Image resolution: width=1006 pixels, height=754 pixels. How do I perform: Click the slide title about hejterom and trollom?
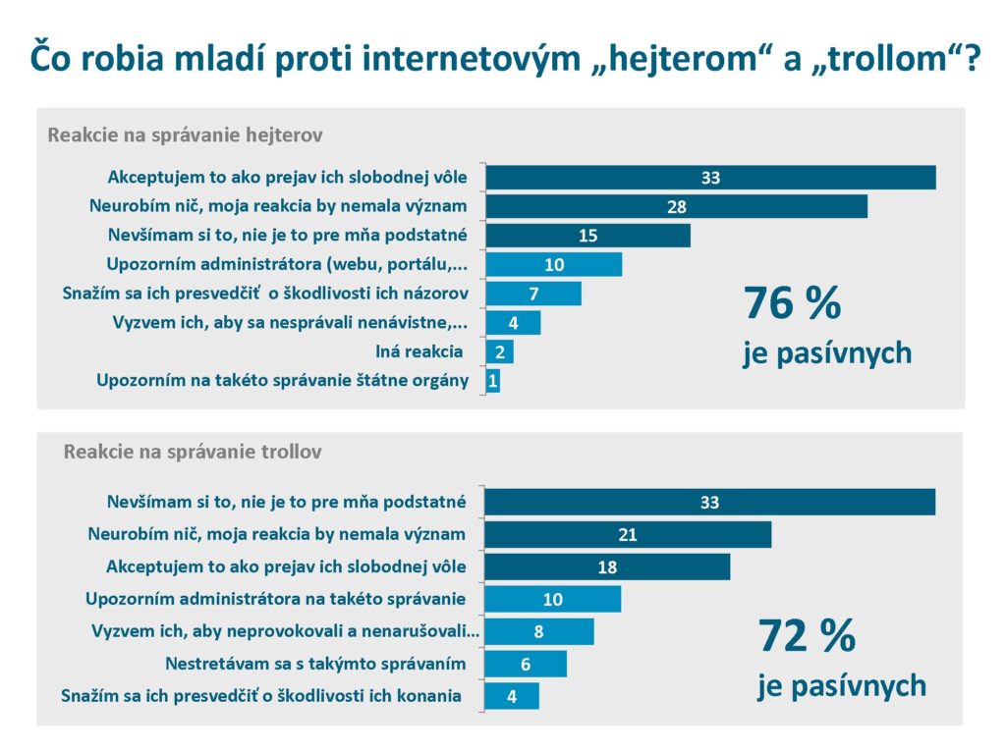(503, 57)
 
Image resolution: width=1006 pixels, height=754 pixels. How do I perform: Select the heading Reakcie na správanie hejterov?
(185, 135)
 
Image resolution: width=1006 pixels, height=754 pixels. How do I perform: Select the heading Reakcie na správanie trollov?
(192, 453)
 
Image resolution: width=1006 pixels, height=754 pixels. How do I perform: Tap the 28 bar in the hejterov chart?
(676, 206)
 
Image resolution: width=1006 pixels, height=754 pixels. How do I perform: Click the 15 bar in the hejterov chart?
(587, 236)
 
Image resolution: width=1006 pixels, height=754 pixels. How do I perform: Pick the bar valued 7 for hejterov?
(533, 294)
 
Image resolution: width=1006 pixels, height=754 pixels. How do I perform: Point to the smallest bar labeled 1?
(493, 381)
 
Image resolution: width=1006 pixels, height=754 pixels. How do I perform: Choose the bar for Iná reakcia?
(500, 351)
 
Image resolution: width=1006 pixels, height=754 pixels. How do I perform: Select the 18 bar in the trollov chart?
(608, 567)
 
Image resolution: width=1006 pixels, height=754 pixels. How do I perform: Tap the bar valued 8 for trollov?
(539, 631)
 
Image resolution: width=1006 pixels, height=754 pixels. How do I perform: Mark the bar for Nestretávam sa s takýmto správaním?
(527, 665)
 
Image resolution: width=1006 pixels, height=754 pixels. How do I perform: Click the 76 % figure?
(793, 303)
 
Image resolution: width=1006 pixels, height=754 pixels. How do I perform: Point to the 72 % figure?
(807, 636)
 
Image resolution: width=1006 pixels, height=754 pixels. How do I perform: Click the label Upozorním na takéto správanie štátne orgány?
(282, 380)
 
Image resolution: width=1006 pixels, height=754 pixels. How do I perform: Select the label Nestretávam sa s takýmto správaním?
(315, 664)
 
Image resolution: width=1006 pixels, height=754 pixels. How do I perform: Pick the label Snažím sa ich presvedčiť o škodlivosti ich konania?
(261, 696)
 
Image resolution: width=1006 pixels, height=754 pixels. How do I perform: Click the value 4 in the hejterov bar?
(513, 323)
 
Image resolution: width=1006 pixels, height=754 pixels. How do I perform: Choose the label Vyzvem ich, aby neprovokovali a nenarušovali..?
(284, 631)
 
